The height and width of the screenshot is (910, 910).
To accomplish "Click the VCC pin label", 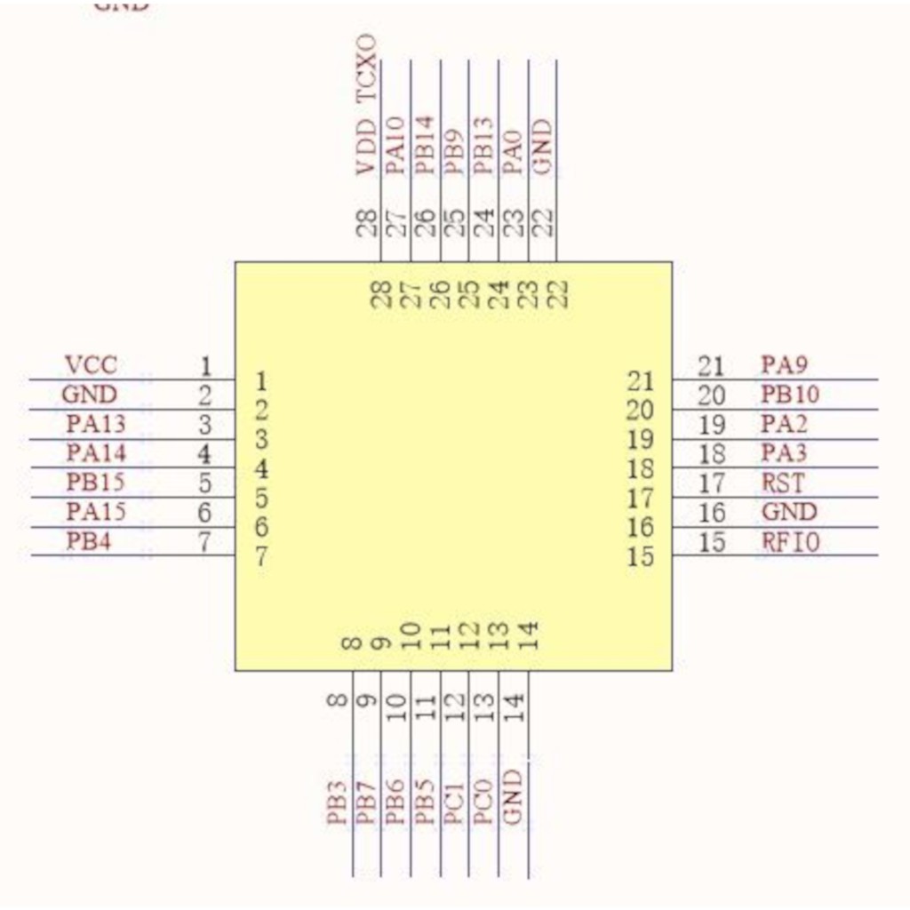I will tap(91, 364).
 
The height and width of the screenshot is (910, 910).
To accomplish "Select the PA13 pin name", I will tap(96, 423).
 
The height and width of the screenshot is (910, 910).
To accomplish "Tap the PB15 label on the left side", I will tap(96, 483).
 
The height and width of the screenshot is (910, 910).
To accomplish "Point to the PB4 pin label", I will tap(89, 540).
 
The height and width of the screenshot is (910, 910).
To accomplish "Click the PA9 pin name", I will tap(785, 364).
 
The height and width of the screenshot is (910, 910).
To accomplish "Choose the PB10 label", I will tap(790, 394).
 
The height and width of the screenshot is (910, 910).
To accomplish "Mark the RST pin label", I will tap(783, 483).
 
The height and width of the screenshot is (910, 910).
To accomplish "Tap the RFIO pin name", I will tap(790, 541).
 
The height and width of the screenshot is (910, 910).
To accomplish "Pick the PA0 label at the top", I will tap(513, 148).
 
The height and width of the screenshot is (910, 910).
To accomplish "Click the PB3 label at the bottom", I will tap(336, 802).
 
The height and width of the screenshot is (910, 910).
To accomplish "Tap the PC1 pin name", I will tap(454, 802).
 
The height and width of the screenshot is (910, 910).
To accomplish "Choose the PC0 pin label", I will tap(483, 802).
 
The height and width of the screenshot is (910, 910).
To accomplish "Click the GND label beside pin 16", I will tap(789, 512).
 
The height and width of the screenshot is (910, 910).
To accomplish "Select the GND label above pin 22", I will tap(543, 148).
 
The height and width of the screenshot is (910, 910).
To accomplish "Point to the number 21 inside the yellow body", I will tap(641, 381).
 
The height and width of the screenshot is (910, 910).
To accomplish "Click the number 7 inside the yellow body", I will tap(261, 558).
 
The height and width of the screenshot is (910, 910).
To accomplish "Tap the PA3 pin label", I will tap(785, 453).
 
